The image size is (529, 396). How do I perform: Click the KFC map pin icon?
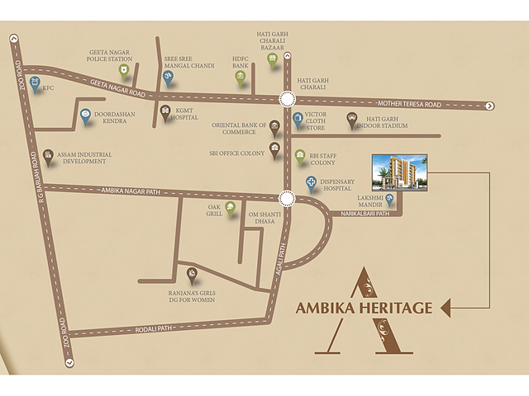[34, 82]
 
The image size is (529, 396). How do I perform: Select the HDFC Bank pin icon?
[241, 78]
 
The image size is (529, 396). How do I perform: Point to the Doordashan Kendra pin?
[86, 115]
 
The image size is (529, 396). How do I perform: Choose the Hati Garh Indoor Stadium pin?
[352, 120]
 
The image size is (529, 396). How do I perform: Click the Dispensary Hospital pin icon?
[312, 184]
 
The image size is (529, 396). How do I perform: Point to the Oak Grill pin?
[231, 208]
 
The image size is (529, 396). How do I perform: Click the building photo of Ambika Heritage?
[400, 172]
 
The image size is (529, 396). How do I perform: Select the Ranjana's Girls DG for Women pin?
[193, 275]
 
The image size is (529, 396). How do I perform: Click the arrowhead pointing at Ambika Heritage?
[446, 308]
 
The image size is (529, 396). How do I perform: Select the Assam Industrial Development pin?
[48, 155]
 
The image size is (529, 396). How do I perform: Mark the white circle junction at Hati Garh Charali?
[287, 99]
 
